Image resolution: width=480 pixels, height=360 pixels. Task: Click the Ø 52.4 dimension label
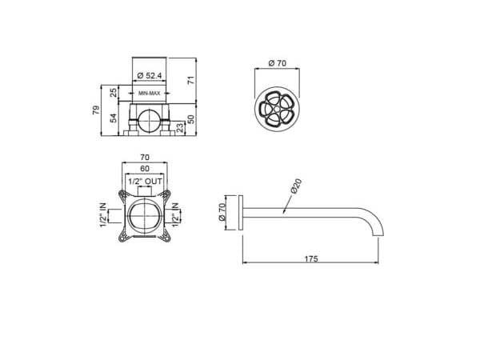tap(150, 75)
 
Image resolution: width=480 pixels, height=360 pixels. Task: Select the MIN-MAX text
tap(149, 93)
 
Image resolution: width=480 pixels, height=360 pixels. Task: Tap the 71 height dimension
tap(191, 81)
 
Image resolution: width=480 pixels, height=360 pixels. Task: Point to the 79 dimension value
tap(96, 110)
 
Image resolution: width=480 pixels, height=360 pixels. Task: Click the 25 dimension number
tap(114, 93)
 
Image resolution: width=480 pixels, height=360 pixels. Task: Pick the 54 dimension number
tap(114, 118)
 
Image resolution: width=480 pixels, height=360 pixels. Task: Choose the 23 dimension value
tap(181, 127)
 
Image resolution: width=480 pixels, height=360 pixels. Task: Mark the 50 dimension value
tap(190, 119)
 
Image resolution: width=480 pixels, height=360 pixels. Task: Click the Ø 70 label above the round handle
tap(277, 63)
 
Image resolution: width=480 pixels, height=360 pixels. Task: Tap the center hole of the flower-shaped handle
tap(277, 109)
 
